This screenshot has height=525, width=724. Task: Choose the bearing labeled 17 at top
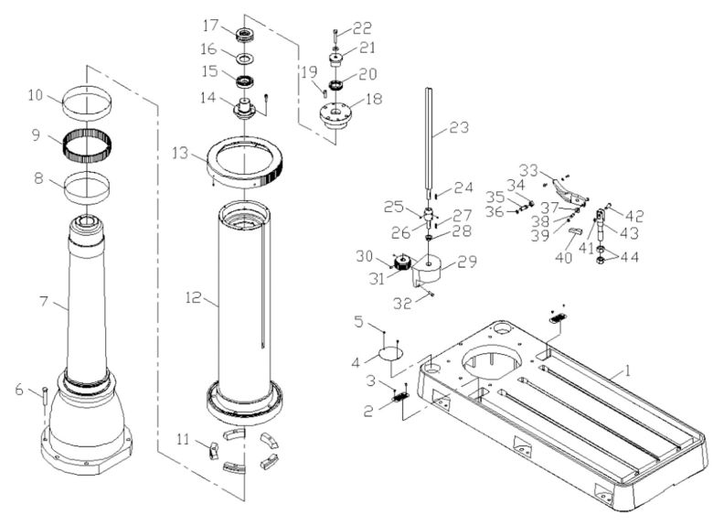[x=245, y=36]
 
